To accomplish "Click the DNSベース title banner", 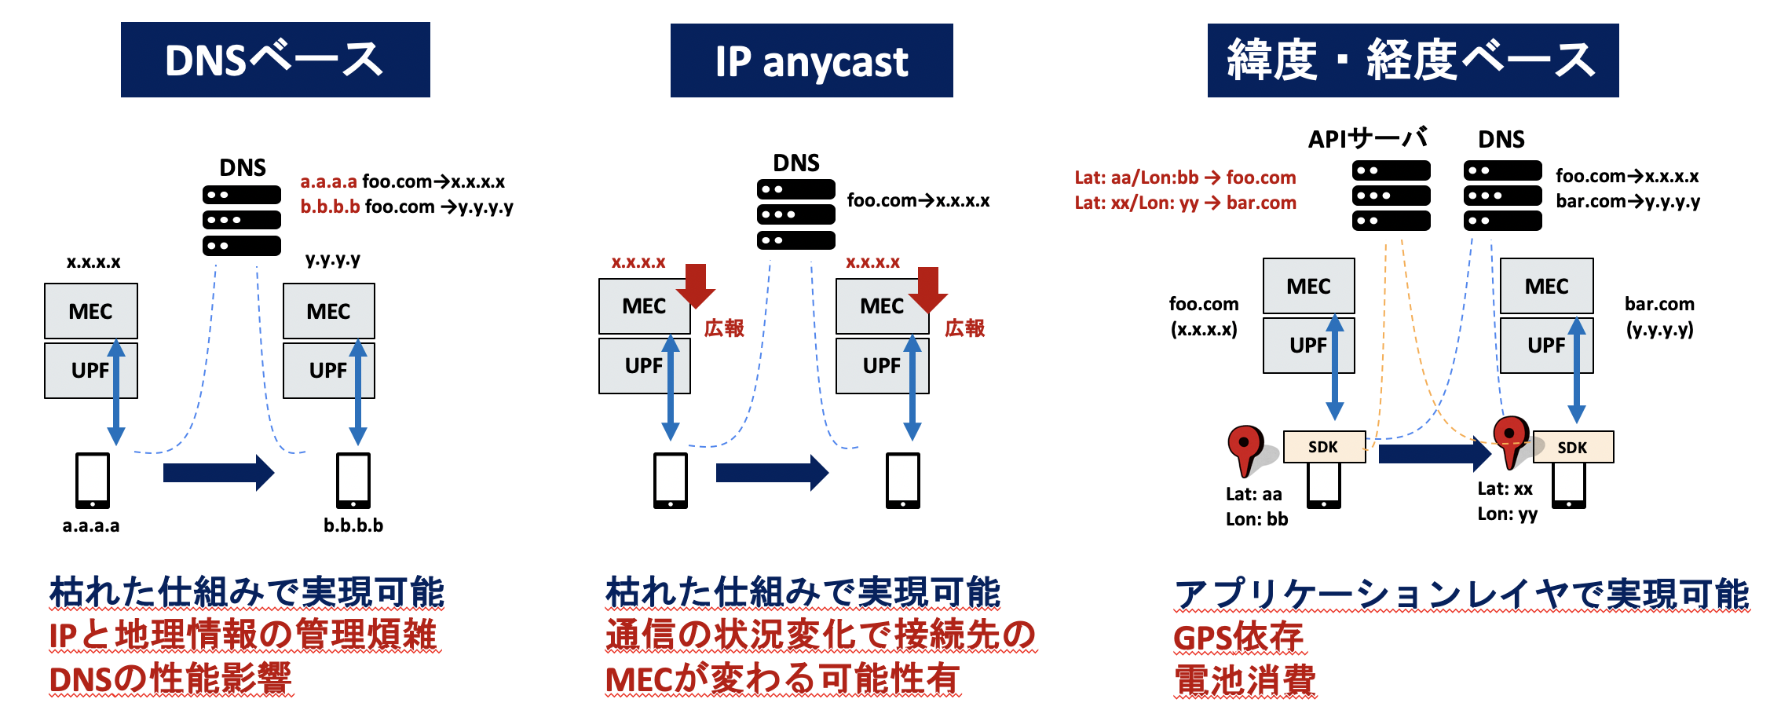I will coord(275,60).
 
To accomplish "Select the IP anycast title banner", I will coord(811,60).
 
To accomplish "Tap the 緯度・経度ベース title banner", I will coord(1412,60).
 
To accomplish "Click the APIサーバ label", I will coord(1367,139).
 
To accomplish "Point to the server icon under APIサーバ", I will coord(1391,196).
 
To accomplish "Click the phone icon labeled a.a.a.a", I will coord(93,480).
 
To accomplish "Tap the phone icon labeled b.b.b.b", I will coord(353,480).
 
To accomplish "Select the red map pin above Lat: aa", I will coord(1245,448).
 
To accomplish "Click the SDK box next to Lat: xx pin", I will coord(1572,448).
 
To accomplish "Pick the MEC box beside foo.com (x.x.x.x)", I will coord(1308,286).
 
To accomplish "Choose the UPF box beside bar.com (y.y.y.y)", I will coord(1546,345).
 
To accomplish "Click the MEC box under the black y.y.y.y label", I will coord(328,311).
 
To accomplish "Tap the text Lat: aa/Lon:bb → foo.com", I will coord(1185,178).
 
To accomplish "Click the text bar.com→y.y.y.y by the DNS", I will coord(1628,202).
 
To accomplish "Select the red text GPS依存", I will coord(1238,637).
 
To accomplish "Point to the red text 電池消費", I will coord(1245,680).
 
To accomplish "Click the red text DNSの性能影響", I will coord(170,679).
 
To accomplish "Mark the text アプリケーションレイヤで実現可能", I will coord(1461,594).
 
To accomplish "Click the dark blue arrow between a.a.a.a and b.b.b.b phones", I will coord(218,473).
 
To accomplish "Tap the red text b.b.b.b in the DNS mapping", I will coord(330,207).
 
